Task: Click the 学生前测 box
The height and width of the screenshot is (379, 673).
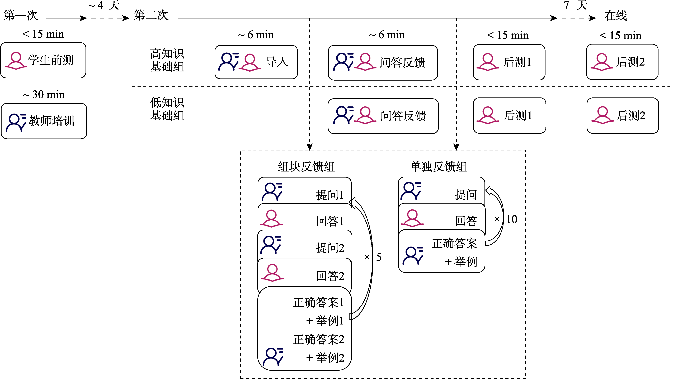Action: point(43,60)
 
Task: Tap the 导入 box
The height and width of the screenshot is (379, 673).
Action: point(256,62)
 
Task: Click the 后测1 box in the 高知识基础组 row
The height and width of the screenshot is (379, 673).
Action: point(509,62)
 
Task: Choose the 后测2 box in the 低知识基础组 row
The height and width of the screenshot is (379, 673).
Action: point(623,116)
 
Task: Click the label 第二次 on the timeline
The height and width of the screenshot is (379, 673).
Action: point(151,15)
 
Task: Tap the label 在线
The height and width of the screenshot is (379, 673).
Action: point(616,16)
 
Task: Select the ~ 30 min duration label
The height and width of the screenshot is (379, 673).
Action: point(44,94)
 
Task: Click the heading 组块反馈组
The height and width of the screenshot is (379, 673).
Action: point(306,167)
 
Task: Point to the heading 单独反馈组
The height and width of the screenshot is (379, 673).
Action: point(438,167)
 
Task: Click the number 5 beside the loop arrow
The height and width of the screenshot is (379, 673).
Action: point(379,257)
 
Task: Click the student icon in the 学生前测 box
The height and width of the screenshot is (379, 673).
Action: point(16,61)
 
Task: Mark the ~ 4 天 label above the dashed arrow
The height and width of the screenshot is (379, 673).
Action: point(104,5)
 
